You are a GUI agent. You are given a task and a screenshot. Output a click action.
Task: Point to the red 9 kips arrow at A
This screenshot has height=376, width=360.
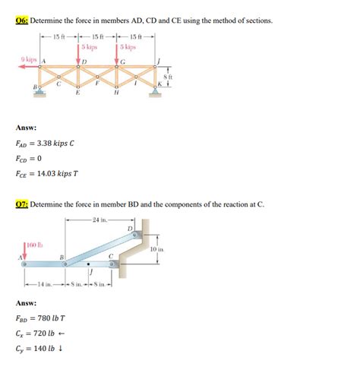31,67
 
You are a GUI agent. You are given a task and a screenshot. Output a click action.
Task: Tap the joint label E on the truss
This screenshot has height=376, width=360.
78,95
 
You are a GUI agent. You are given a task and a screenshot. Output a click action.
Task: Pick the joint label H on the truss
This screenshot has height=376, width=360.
115,95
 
